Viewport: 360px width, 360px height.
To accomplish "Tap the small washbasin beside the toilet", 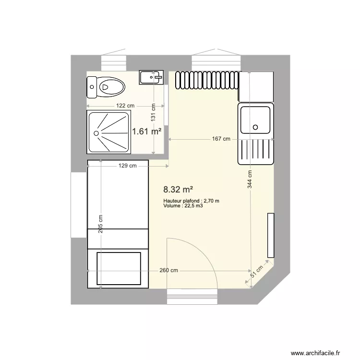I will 152,77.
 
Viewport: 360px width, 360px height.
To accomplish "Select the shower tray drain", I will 96,133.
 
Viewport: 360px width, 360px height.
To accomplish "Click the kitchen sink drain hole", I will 255,127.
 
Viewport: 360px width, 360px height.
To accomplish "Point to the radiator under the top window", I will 207,80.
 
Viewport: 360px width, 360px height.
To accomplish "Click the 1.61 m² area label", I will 146,131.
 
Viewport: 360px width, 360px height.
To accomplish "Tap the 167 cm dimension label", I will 221,139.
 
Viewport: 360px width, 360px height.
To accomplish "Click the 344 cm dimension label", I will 250,179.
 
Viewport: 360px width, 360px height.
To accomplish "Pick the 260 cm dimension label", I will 169,270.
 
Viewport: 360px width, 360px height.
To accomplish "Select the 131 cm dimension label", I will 153,112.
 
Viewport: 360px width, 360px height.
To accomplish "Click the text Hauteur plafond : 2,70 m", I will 191,201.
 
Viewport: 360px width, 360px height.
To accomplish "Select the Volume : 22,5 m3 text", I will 183,206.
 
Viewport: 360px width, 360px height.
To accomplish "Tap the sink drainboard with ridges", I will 256,150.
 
